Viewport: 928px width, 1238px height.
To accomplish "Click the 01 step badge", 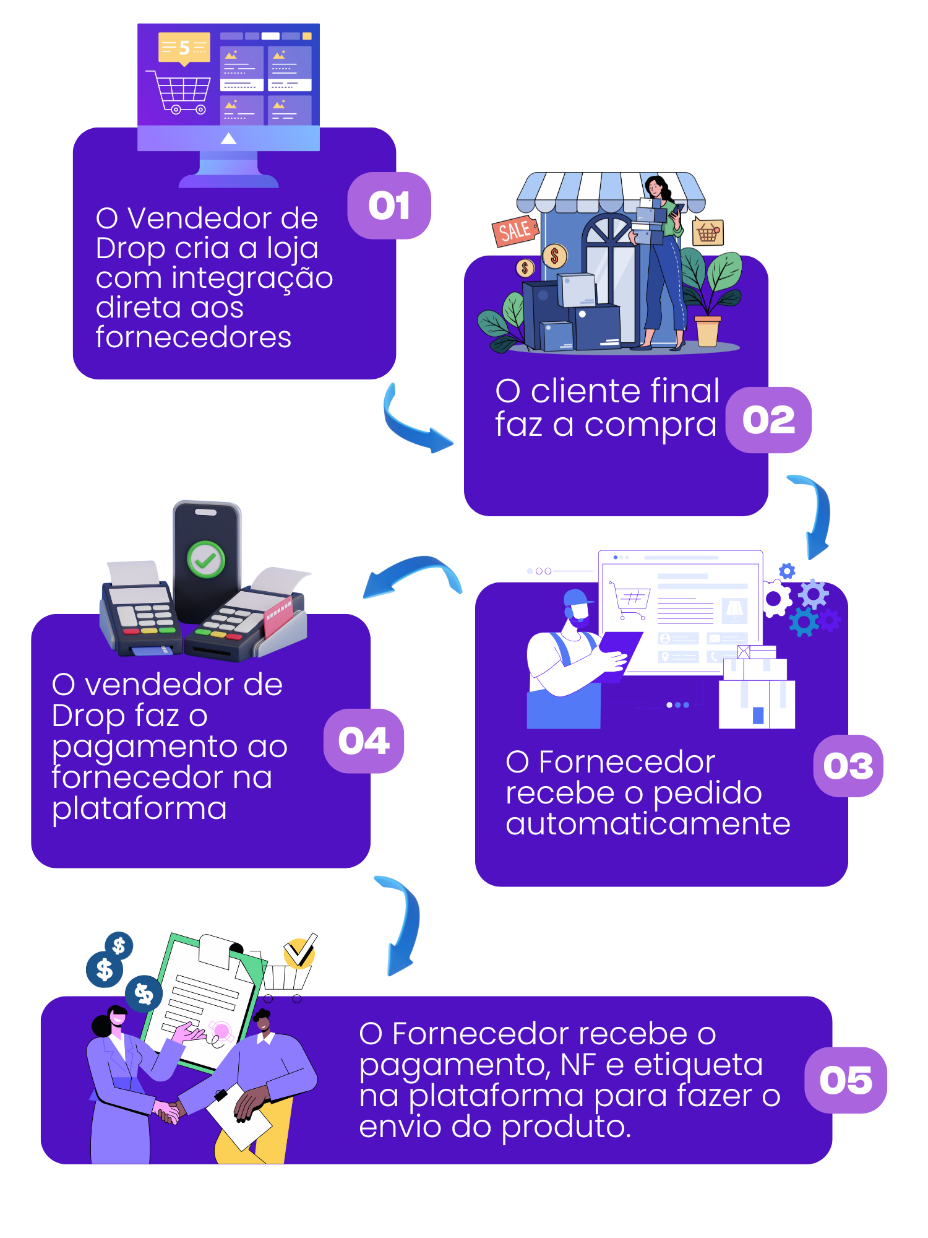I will coord(389,206).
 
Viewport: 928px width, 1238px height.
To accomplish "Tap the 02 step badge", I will coord(768,420).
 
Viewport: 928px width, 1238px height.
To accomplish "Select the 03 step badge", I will coord(848,766).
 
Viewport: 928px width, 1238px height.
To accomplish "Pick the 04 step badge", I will coord(364,741).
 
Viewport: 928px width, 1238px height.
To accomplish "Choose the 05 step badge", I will coord(846,1080).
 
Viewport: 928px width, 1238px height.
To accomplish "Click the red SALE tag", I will coord(514,231).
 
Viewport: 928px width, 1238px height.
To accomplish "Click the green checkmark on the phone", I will coord(206,560).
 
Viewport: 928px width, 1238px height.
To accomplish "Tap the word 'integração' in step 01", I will coord(252,278).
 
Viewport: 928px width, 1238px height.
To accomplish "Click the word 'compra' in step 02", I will coord(650,425).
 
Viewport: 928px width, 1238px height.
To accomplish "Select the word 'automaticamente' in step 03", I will coord(648,824).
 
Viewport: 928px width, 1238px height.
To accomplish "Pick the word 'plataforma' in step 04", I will coord(140,808).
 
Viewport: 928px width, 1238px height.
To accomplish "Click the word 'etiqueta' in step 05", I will coord(698,1065).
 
